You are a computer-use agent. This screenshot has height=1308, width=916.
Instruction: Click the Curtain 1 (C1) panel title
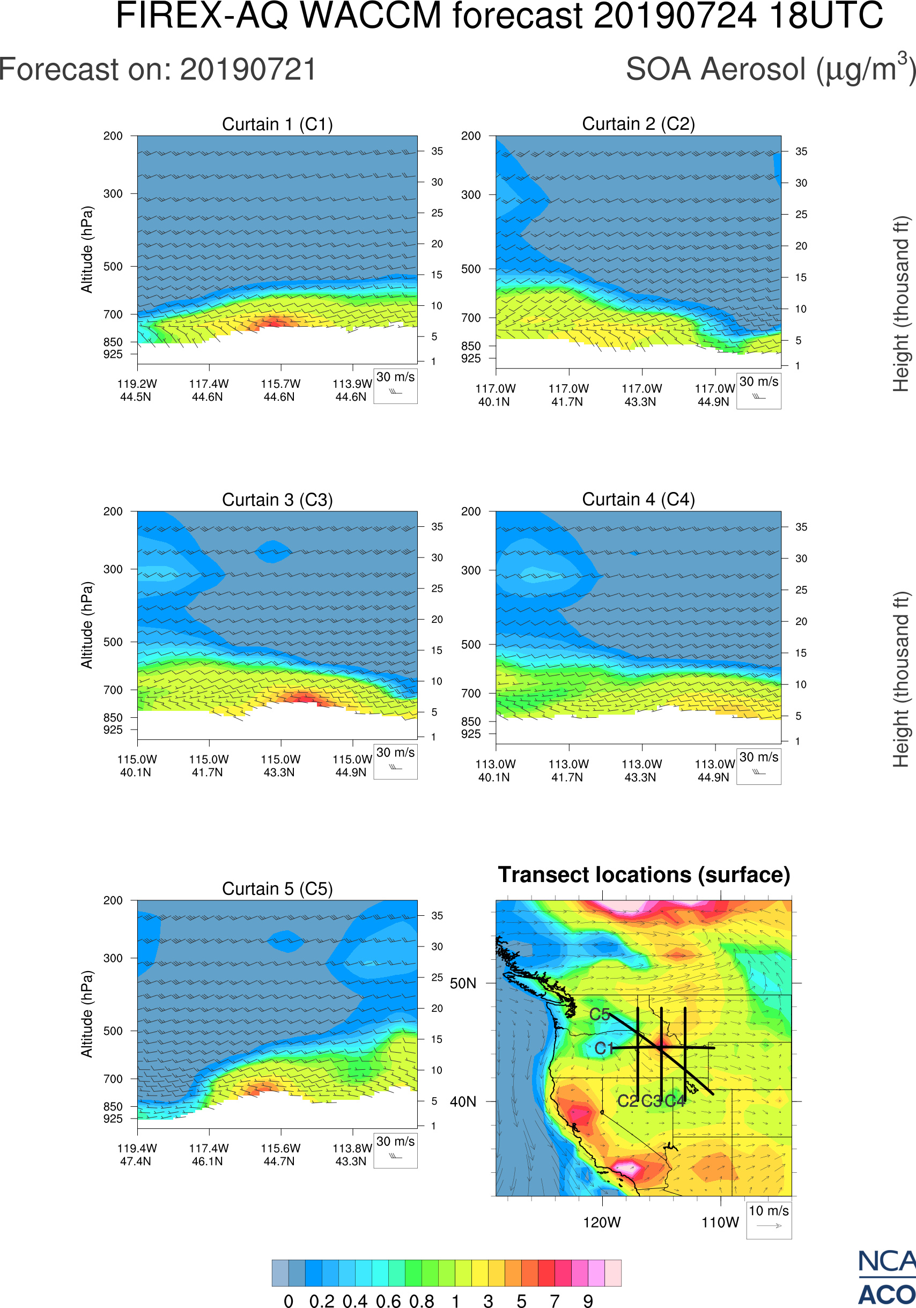[x=277, y=124]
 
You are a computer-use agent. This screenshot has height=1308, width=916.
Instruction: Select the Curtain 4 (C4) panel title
[x=638, y=499]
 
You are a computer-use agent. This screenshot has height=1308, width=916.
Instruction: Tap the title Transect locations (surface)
[x=644, y=875]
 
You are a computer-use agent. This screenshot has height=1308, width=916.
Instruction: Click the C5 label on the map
[x=600, y=1015]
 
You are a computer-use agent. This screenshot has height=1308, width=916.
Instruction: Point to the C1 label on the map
[x=604, y=1048]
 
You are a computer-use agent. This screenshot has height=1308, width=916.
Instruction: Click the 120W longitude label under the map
[x=602, y=1223]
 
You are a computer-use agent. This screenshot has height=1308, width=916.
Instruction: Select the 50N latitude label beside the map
[x=463, y=984]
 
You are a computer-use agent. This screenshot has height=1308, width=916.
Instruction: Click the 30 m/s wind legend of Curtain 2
[x=758, y=391]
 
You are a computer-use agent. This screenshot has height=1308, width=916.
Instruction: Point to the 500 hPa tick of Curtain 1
[x=113, y=267]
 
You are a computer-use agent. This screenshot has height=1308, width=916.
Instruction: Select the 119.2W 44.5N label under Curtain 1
[x=137, y=390]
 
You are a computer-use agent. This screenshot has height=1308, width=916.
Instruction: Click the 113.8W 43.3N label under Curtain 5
[x=352, y=1155]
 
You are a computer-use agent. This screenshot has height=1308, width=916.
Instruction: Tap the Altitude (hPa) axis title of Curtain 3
[x=86, y=625]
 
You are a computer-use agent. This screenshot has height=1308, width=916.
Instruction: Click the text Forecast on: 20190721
[x=158, y=70]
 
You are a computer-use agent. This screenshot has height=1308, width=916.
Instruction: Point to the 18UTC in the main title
[x=825, y=16]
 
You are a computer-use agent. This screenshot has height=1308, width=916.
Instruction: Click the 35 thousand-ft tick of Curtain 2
[x=801, y=151]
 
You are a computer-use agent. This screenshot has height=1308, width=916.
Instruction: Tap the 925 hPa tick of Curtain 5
[x=113, y=1118]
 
